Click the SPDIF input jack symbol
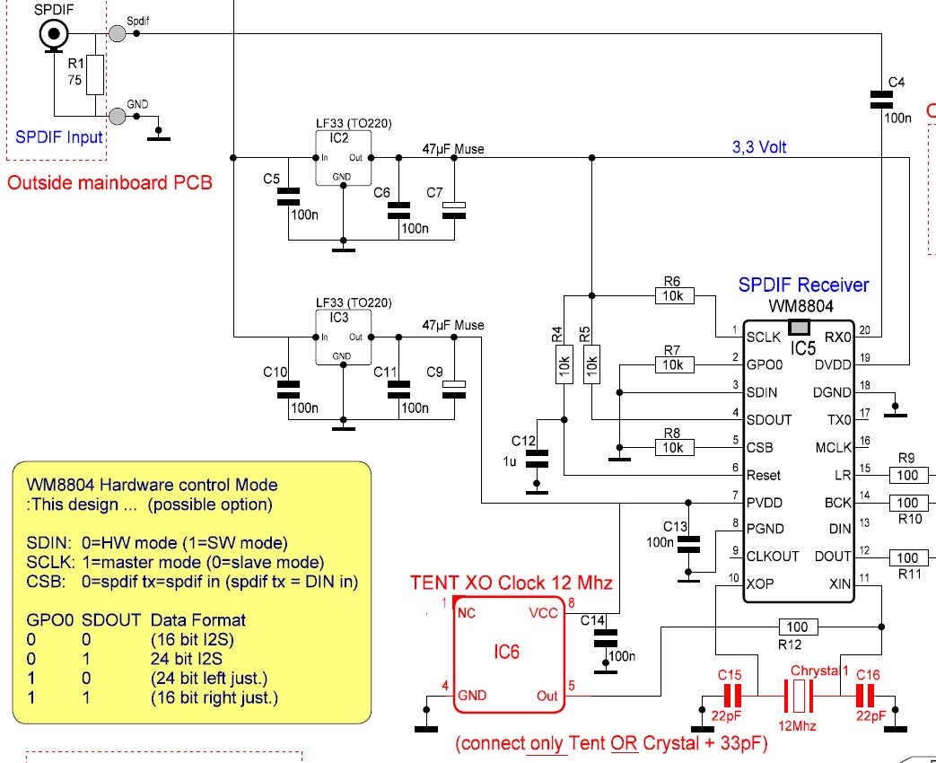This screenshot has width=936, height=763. coord(54,34)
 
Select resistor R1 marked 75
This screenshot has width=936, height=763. coord(95,75)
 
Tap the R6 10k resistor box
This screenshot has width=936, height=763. coord(675,295)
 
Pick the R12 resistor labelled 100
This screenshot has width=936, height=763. coord(798,627)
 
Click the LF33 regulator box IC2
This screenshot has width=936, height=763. coord(343,158)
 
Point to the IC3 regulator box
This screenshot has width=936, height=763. coord(343,337)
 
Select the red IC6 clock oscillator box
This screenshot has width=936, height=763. coord(509,654)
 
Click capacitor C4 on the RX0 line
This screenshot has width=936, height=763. coord(881,99)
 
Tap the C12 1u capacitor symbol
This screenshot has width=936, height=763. coord(537,459)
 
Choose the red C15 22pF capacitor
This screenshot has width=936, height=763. coord(732,697)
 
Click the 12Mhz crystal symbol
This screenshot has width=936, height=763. coord(799,697)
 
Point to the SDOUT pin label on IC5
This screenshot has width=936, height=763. coord(769,420)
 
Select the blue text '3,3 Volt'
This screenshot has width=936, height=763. coord(759,147)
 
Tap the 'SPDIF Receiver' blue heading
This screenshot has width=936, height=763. coord(803,285)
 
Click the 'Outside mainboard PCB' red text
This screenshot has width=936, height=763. coord(109,182)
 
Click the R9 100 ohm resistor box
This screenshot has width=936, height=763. coord(908,475)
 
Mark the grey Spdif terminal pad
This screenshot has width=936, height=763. coord(118,33)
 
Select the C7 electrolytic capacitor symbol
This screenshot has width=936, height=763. coord(454,210)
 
